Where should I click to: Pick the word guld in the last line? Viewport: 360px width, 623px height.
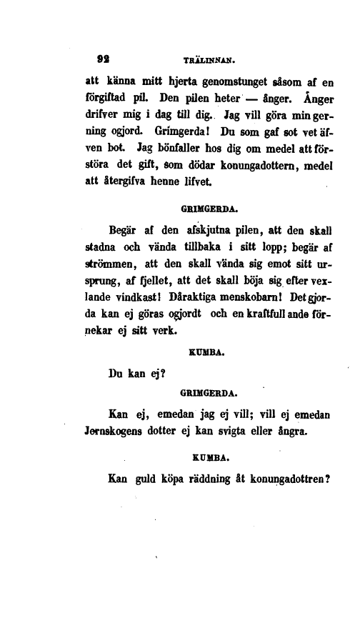point(147,480)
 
